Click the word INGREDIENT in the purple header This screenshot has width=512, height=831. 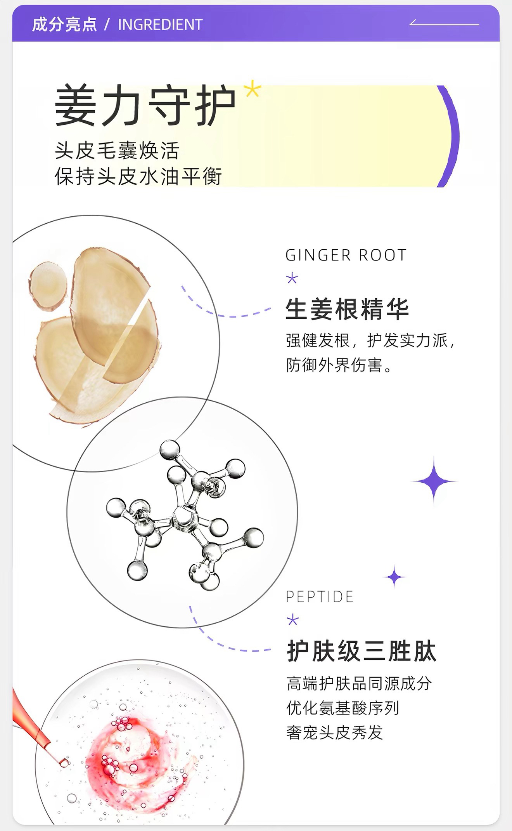(160, 25)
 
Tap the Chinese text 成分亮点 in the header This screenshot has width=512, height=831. (64, 24)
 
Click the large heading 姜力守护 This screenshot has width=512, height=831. (145, 105)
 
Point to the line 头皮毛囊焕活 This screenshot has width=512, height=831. (117, 151)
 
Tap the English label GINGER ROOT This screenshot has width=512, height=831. (346, 256)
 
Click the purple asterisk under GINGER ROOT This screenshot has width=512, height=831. (292, 278)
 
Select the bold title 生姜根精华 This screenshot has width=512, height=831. (348, 309)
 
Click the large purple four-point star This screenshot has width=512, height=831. (434, 482)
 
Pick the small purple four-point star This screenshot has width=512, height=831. (394, 577)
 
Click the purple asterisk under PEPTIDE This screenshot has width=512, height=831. (293, 620)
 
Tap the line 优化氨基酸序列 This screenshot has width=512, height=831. (343, 708)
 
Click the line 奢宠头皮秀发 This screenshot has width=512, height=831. (335, 732)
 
